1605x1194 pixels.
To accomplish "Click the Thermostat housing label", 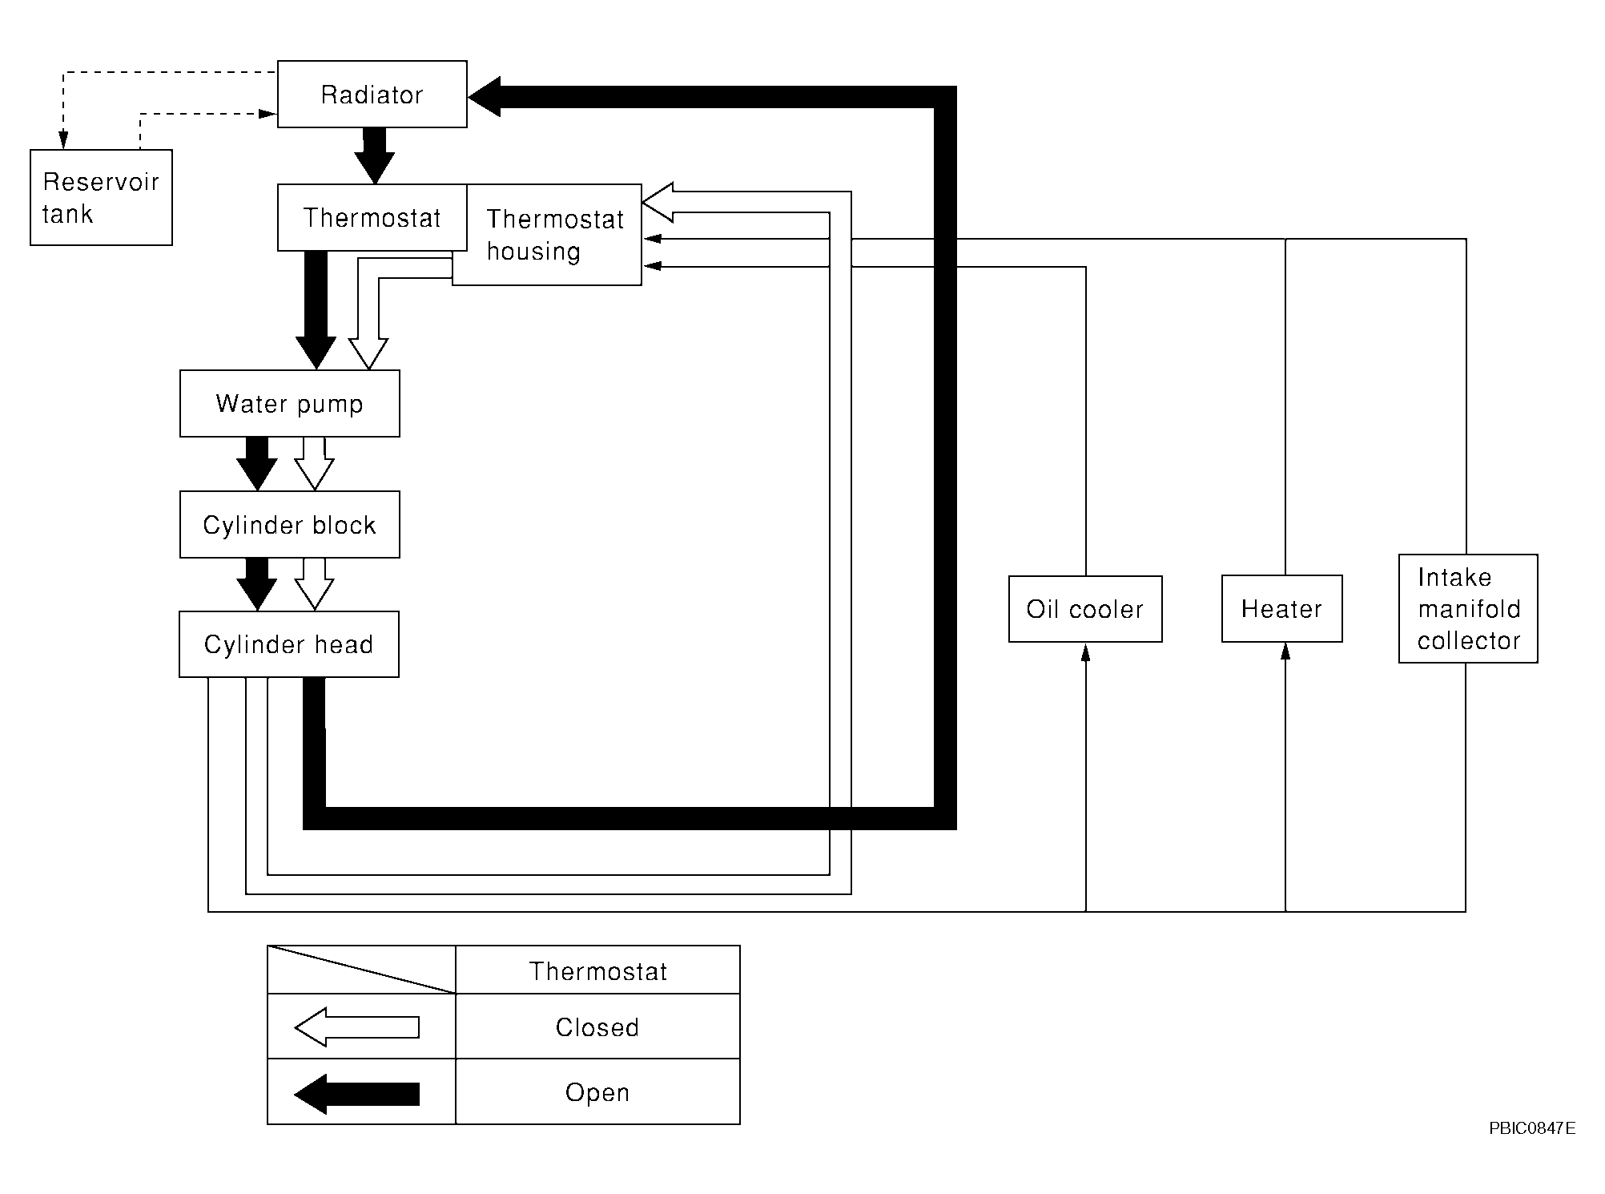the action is point(555,235).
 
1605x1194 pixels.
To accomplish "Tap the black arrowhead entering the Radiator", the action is point(485,97).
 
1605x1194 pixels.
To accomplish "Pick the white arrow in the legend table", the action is point(357,1027).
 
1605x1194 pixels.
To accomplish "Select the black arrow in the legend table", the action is point(357,1094).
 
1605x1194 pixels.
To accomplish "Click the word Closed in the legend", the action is point(597,1027).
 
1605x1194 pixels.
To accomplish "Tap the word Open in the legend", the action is point(597,1093).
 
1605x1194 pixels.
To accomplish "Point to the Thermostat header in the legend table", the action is point(598,971).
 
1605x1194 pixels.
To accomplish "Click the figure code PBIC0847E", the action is point(1532,1128).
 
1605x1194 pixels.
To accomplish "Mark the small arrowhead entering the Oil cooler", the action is point(1086,652).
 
